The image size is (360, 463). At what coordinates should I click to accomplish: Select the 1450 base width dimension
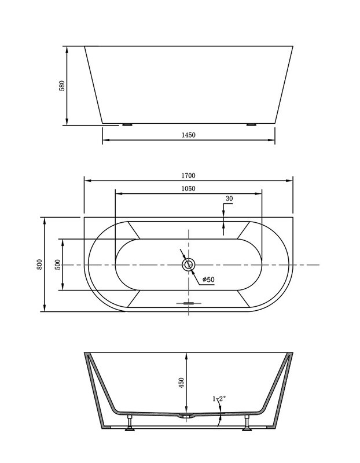tap(189, 135)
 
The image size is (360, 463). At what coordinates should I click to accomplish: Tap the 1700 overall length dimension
tap(189, 175)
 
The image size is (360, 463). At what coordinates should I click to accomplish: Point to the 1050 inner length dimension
tap(189, 189)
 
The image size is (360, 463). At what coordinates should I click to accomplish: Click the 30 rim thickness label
tap(229, 199)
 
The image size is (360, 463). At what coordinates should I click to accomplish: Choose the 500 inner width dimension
tap(57, 264)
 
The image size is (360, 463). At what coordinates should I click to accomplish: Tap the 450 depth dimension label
tap(181, 383)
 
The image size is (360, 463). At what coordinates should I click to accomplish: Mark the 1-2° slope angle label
tap(219, 399)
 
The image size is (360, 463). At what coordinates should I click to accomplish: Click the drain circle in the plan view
tap(189, 264)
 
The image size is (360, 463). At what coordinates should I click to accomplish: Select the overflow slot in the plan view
tap(189, 302)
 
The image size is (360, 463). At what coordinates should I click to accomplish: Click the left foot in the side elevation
tap(126, 124)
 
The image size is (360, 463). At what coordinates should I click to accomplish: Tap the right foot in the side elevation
tap(251, 124)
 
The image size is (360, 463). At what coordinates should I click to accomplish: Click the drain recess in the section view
tap(188, 416)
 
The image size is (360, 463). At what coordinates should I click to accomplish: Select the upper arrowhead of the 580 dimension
tap(68, 47)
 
